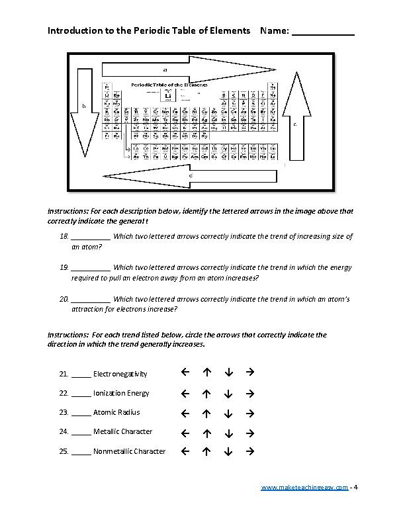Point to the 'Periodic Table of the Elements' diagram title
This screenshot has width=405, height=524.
169,85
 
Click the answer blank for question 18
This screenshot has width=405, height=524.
91,237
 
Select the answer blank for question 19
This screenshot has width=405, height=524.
91,268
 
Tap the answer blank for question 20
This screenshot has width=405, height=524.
91,300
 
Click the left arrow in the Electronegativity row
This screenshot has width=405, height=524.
185,372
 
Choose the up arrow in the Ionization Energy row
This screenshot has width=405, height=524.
206,393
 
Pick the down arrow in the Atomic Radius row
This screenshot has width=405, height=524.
228,413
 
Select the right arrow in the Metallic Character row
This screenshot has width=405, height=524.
249,432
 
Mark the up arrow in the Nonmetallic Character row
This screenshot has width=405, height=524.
206,451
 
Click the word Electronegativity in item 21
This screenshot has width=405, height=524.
120,374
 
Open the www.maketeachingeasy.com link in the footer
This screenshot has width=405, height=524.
304,488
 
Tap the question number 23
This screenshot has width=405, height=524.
64,412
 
